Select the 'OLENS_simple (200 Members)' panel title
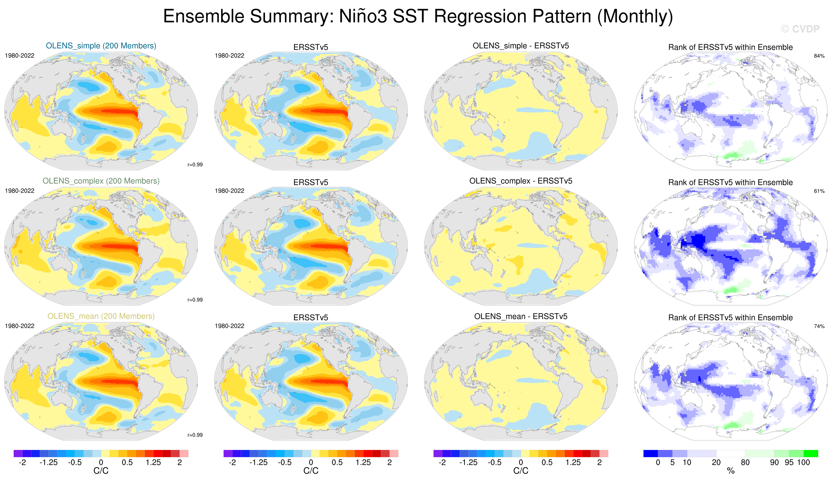pos(101,46)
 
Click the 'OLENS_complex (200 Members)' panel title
pos(101,181)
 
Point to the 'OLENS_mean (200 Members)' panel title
pos(101,316)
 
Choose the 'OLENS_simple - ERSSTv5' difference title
pos(521,46)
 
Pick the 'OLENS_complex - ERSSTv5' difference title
pos(521,181)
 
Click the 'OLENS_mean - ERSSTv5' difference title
pos(521,316)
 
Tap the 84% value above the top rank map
pos(819,56)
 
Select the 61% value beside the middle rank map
pos(819,191)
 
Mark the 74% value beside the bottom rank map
pos(819,326)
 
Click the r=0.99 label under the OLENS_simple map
pos(195,165)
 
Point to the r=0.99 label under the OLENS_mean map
pos(195,435)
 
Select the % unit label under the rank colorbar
pos(731,471)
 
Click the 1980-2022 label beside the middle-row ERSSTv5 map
pos(229,191)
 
